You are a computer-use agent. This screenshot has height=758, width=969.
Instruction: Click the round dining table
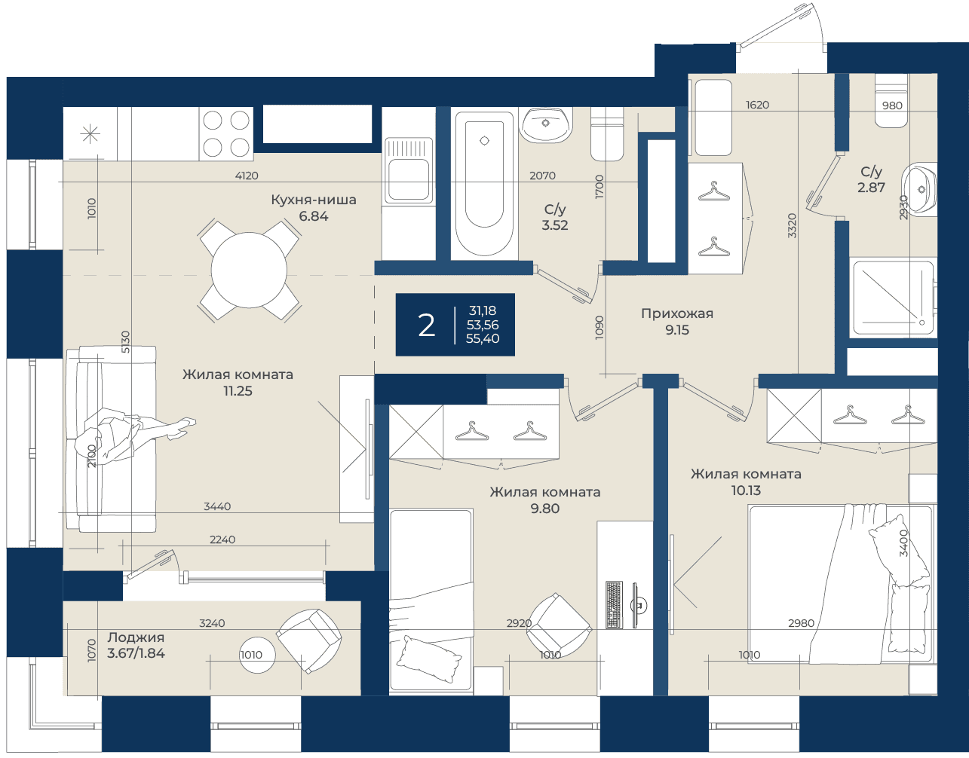coord(249,270)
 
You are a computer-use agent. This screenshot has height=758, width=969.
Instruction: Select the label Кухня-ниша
coord(314,200)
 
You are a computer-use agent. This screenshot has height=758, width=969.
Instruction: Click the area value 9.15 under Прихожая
coord(677,330)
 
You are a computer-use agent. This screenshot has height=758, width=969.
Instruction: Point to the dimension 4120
coord(247,176)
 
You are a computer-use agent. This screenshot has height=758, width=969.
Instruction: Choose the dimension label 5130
coord(126,342)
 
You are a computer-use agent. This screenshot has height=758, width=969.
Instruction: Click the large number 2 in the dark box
coord(426,326)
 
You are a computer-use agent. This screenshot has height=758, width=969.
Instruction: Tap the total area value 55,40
coord(483,338)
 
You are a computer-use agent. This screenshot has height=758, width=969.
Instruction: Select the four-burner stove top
coord(226,133)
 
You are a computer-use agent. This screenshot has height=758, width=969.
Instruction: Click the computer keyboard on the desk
coord(614,605)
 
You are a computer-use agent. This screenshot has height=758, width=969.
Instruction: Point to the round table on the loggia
coord(257,655)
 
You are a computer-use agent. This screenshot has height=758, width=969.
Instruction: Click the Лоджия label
coord(136,637)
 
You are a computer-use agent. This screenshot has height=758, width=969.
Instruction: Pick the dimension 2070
coord(542,176)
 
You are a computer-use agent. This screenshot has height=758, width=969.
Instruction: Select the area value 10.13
coord(746,491)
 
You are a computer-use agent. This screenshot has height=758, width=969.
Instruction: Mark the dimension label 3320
coord(792,225)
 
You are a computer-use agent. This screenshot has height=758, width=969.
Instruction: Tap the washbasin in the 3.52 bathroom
coord(546,124)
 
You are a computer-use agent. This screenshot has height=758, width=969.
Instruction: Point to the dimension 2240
coord(222,539)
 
